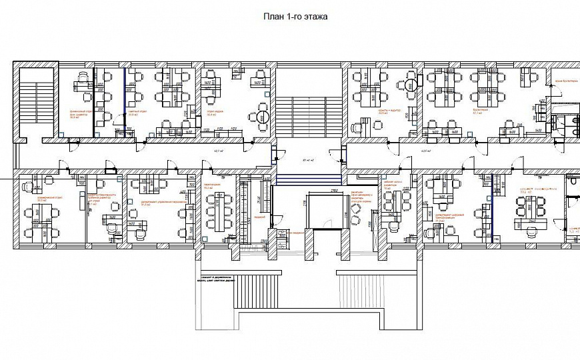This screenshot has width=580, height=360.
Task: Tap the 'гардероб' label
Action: click(260, 217)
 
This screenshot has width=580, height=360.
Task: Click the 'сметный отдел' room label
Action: click(137, 112)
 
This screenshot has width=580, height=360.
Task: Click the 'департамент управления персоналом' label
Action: click(159, 201)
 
